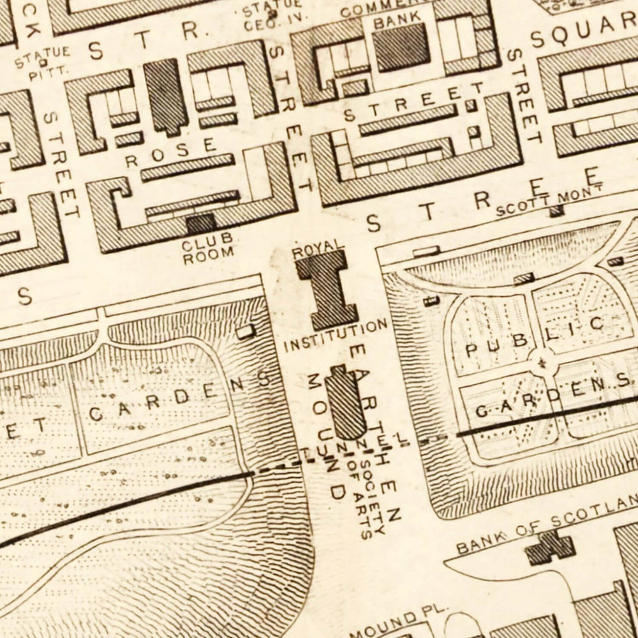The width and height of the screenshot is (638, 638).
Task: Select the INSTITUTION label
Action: tap(336, 336)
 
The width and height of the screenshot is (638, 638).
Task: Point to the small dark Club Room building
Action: tap(200, 223)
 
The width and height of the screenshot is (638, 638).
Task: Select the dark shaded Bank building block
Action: tap(401, 47)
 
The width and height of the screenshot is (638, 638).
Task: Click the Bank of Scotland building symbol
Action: tap(549, 548)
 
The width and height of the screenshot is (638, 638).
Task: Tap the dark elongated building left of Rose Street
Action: tap(165, 96)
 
